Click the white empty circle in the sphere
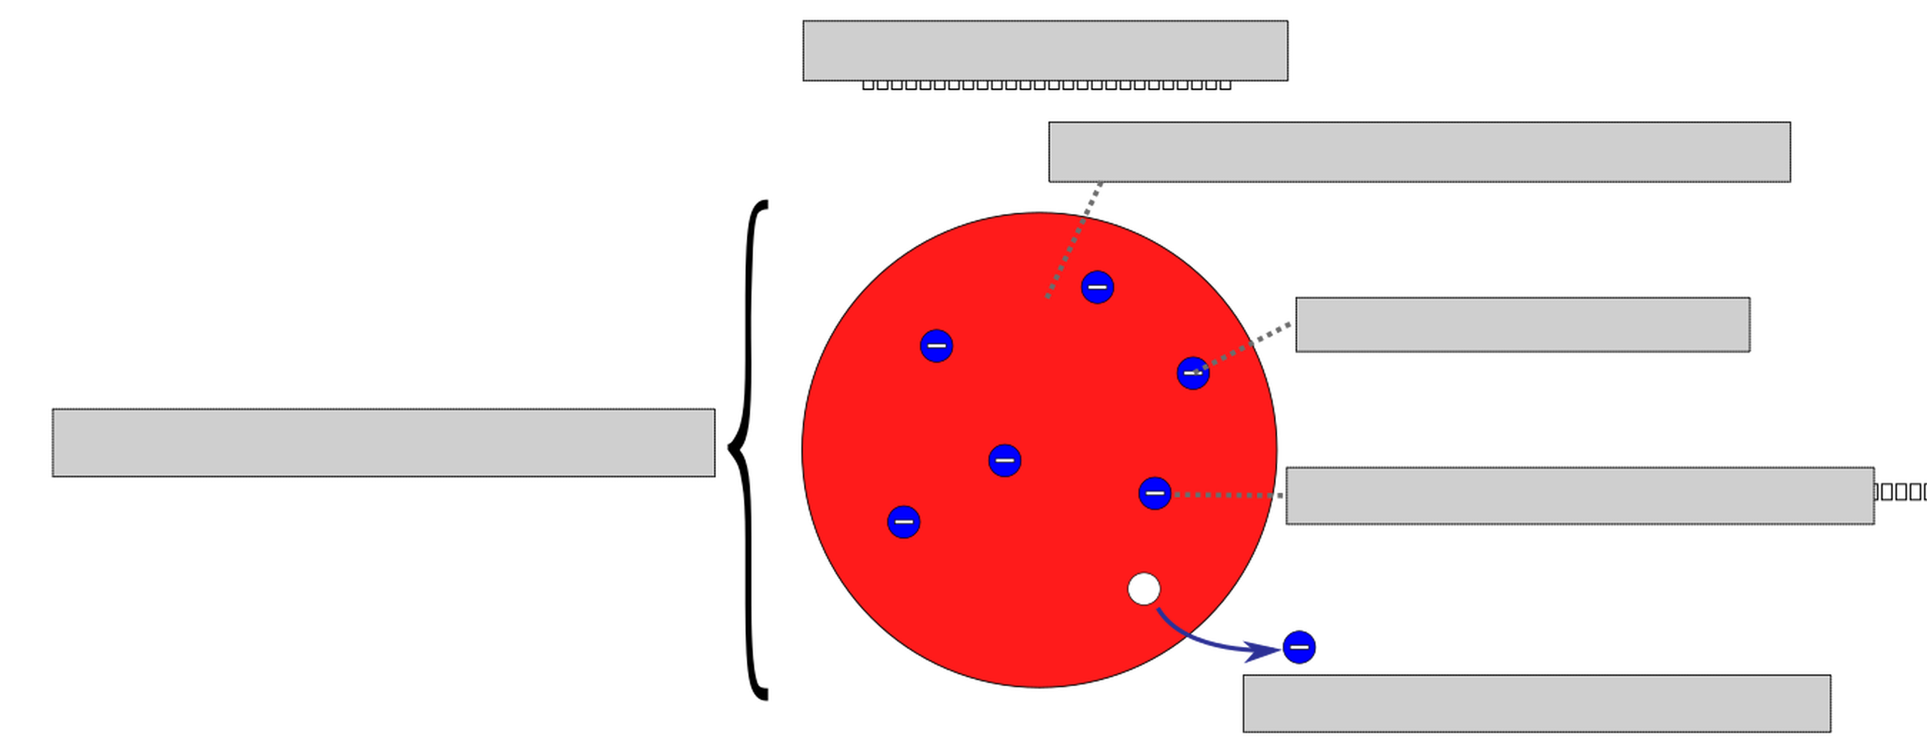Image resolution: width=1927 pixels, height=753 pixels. [1143, 589]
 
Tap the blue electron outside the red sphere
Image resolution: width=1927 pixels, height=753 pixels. [1299, 648]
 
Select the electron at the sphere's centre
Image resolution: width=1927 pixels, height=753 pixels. [1004, 460]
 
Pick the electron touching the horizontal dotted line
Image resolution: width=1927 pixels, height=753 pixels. [1155, 494]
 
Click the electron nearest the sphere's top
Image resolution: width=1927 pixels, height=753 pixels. [1097, 287]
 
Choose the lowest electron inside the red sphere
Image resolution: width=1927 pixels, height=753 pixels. [903, 522]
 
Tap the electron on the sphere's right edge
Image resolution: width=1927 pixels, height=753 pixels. [1192, 373]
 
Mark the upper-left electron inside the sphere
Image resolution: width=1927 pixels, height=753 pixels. [936, 346]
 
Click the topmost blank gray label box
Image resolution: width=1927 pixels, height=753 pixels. [1045, 50]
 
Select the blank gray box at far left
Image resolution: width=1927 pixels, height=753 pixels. [383, 443]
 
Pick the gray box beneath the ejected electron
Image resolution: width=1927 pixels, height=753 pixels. [1536, 704]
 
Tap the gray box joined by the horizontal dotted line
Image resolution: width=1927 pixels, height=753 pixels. [1579, 495]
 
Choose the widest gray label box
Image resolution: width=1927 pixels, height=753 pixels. [1419, 152]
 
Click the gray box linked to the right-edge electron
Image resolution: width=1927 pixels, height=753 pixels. [1522, 325]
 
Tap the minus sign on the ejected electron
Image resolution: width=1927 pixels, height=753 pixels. [1299, 648]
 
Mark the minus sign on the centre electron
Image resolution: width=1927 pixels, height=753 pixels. [1004, 460]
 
